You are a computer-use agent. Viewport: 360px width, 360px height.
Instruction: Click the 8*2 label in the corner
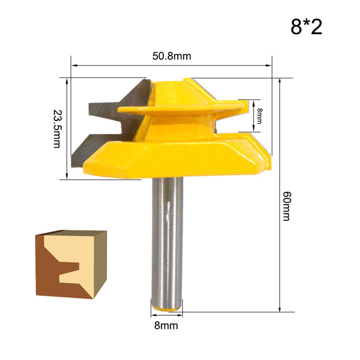(x=306, y=27)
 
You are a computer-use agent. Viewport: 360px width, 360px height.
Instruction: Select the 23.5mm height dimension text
(x=57, y=129)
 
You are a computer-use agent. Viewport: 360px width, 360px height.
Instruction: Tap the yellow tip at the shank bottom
(x=166, y=308)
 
